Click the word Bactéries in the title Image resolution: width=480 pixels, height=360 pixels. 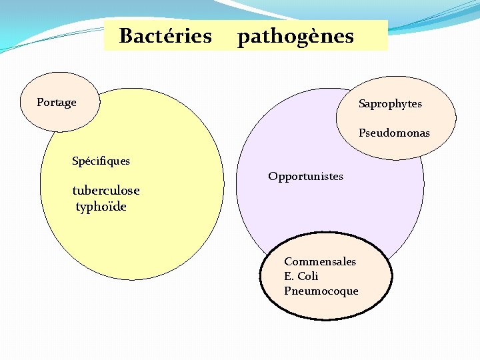pyautogui.click(x=165, y=35)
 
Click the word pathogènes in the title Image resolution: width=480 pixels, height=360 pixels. pyautogui.click(x=295, y=36)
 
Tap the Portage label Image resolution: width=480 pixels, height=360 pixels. pyautogui.click(x=57, y=103)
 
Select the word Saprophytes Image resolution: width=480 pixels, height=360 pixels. pyautogui.click(x=390, y=104)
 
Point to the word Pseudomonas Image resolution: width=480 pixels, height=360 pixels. pyautogui.click(x=394, y=133)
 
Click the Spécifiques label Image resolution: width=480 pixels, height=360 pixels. pyautogui.click(x=101, y=161)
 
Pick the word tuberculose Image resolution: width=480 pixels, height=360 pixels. pyautogui.click(x=106, y=191)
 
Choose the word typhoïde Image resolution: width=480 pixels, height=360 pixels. pyautogui.click(x=101, y=207)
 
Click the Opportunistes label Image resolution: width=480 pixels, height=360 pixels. pyautogui.click(x=305, y=177)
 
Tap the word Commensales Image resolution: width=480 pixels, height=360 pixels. pyautogui.click(x=320, y=261)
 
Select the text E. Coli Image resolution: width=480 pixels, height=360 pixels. pyautogui.click(x=301, y=276)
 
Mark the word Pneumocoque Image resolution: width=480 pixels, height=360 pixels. pyautogui.click(x=321, y=291)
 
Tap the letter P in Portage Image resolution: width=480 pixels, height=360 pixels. pyautogui.click(x=40, y=103)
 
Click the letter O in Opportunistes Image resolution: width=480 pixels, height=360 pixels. pyautogui.click(x=272, y=177)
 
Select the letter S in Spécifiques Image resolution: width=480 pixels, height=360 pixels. pyautogui.click(x=75, y=161)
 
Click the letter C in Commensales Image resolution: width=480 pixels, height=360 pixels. pyautogui.click(x=287, y=261)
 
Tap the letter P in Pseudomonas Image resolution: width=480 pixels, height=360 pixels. pyautogui.click(x=362, y=133)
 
